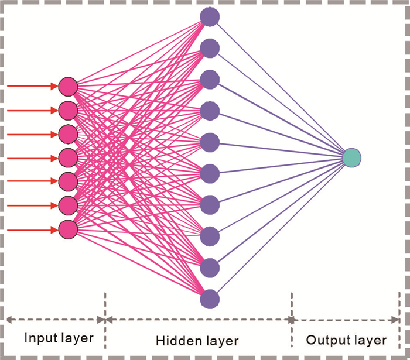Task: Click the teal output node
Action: pyautogui.click(x=351, y=157)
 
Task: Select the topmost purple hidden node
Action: pyautogui.click(x=209, y=16)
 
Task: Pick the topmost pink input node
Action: pyautogui.click(x=68, y=87)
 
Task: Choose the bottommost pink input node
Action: pyautogui.click(x=68, y=228)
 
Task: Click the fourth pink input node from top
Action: pyautogui.click(x=68, y=157)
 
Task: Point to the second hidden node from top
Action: pyautogui.click(x=209, y=48)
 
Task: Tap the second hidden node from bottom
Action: pyautogui.click(x=209, y=268)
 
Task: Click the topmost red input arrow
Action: pyautogui.click(x=32, y=87)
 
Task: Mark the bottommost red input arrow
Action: pyautogui.click(x=32, y=228)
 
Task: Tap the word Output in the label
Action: pyautogui.click(x=324, y=340)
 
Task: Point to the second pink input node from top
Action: pyautogui.click(x=68, y=110)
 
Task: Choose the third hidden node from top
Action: pyautogui.click(x=209, y=79)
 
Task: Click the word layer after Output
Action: pyautogui.click(x=367, y=340)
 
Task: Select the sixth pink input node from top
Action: pyautogui.click(x=68, y=204)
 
